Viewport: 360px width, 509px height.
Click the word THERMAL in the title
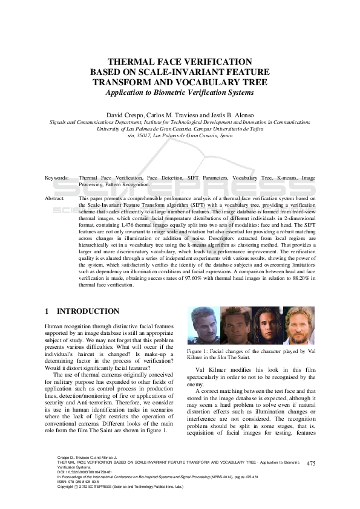[x=129, y=62]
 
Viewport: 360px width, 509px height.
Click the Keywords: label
[x=57, y=178]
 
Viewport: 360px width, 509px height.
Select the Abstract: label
[x=56, y=198]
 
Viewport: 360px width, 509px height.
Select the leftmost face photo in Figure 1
[x=203, y=326]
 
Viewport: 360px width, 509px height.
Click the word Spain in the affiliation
[x=226, y=136]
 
